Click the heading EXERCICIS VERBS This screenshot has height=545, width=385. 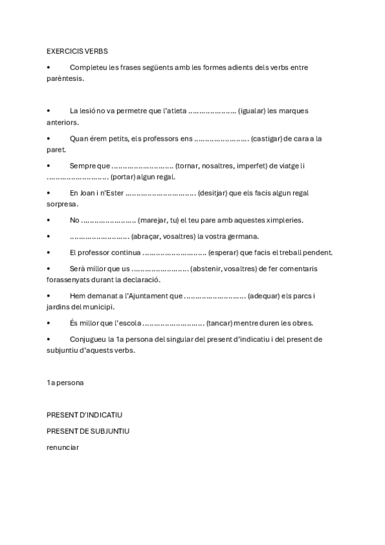click(77, 51)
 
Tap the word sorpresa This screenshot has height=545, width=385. click(62, 204)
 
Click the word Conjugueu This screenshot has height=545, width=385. click(89, 339)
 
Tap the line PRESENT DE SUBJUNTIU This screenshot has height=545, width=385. click(87, 431)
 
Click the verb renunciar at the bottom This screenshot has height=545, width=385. click(62, 447)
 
